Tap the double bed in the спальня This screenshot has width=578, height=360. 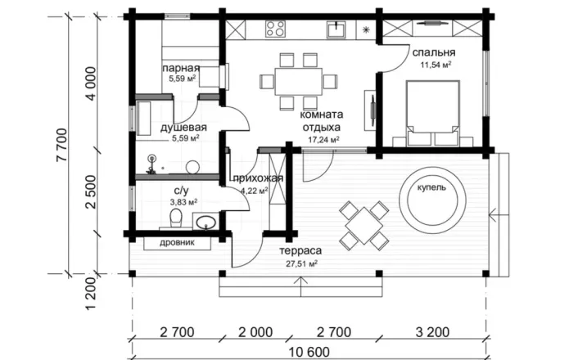coord(432,113)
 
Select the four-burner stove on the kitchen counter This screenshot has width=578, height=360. coord(275,29)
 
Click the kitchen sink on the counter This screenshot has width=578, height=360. coord(336,29)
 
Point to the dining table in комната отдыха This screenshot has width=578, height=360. coord(298,82)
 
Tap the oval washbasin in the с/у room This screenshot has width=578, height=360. coord(205,223)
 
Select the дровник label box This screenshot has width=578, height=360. coord(177,243)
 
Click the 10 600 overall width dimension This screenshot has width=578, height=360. coord(309,353)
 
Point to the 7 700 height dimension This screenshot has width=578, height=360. coord(62,145)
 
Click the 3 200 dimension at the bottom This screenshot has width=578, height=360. coord(432,332)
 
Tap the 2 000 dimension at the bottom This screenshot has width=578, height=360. coord(255,332)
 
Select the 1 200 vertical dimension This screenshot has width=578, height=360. coord(91,294)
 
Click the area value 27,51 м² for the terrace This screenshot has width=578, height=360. coord(301,263)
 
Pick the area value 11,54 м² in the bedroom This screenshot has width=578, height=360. coord(436,65)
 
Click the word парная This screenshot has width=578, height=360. coord(181,68)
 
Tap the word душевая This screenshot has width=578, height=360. coord(183,128)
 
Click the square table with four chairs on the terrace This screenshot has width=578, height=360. coord(364,226)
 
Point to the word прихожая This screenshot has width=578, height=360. coord(258,178)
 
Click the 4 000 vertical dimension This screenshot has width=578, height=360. coord(91,83)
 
